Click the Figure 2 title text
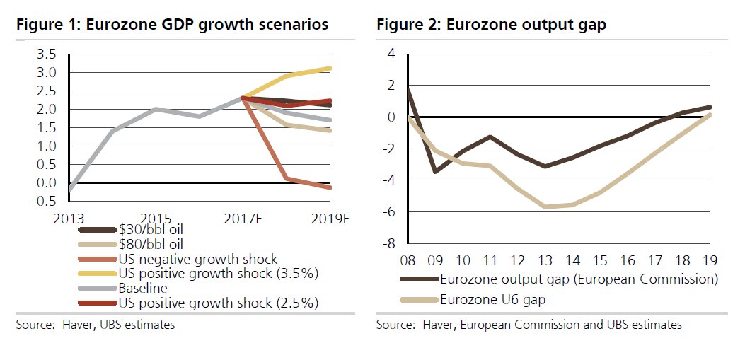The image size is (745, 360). coord(491,25)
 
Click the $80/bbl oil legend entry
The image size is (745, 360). coord(151,244)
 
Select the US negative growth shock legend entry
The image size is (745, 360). coord(198,260)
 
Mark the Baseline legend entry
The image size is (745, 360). coord(142,289)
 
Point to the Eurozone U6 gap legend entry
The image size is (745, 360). coord(492,299)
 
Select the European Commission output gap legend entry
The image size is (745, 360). coord(579,279)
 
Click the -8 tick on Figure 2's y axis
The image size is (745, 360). coord(389,245)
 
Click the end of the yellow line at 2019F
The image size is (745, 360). coord(330,69)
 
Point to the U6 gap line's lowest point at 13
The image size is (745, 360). coord(544,207)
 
